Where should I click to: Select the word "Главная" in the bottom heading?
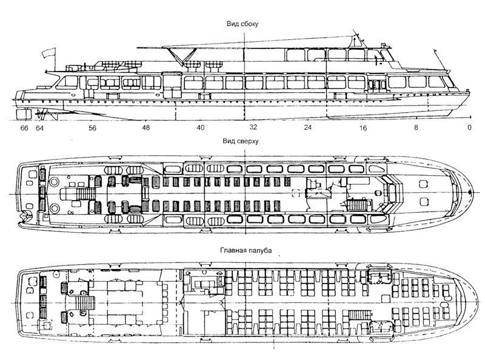[x=233, y=249]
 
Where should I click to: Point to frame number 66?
[x=25, y=128]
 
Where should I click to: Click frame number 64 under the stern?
[x=39, y=128]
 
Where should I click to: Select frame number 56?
[x=92, y=128]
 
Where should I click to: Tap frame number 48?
[x=146, y=128]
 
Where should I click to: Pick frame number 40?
[x=200, y=128]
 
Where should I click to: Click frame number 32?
[x=253, y=128]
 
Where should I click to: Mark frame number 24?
[x=307, y=128]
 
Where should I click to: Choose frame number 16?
[x=363, y=128]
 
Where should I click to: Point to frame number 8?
[x=416, y=128]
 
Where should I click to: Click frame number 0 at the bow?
[x=469, y=128]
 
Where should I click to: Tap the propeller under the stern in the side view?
[x=42, y=113]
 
